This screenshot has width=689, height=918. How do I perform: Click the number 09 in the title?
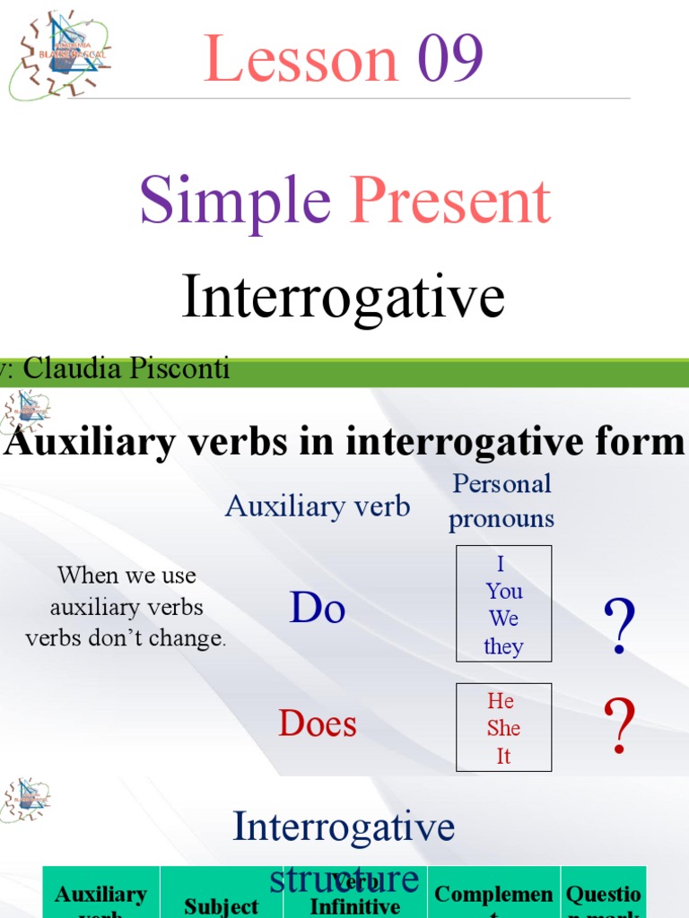[x=450, y=59]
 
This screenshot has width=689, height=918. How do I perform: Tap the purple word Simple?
[x=235, y=201]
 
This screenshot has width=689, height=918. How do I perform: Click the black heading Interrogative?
[x=343, y=297]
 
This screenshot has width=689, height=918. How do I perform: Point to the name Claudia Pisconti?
[x=126, y=368]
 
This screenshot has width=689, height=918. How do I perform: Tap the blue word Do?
[x=318, y=610]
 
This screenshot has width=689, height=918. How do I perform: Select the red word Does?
[x=318, y=723]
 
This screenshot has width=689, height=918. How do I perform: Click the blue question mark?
[x=620, y=628]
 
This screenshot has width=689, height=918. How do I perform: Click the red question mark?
[x=620, y=727]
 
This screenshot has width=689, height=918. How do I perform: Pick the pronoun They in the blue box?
[x=503, y=646]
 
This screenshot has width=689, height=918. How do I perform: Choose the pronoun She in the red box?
[x=503, y=728]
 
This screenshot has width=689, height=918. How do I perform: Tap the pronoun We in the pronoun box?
[x=503, y=619]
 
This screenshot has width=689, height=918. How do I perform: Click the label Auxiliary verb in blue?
[x=318, y=507]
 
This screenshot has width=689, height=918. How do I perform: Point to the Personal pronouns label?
[x=501, y=500]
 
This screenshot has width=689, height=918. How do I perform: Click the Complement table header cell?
[x=493, y=895]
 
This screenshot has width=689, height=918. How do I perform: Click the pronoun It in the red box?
[x=503, y=756]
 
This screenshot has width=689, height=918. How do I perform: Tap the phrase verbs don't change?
[x=126, y=639]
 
